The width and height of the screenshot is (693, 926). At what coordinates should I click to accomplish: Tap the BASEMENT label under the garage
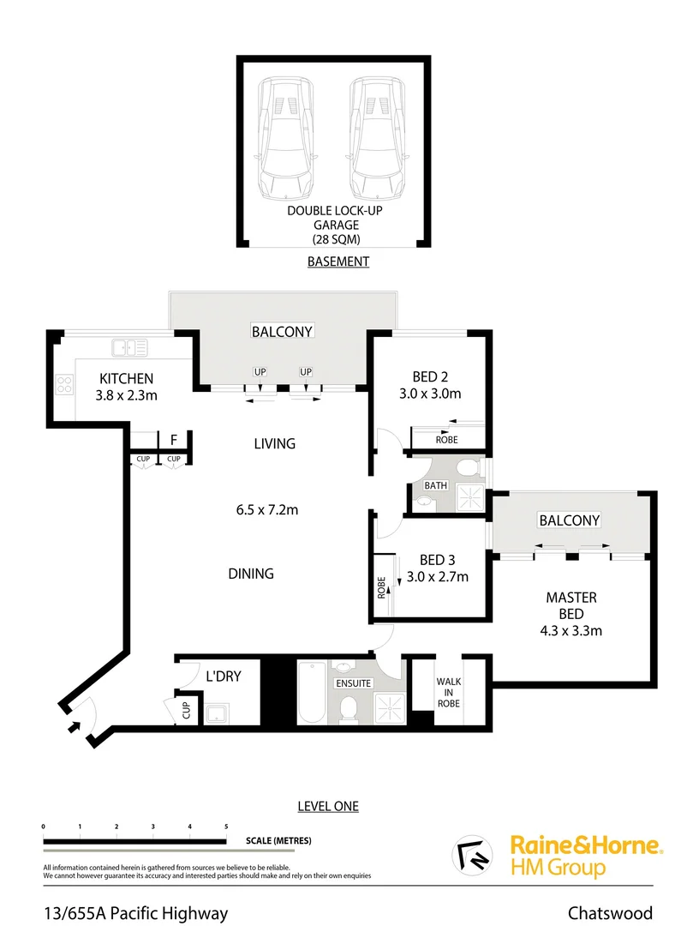338,262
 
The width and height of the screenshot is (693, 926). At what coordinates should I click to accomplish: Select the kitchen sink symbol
129,347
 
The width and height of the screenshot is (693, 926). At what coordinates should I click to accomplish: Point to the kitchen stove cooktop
65,385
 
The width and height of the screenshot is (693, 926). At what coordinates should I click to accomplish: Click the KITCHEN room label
126,378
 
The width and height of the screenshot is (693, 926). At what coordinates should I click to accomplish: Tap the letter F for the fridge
174,440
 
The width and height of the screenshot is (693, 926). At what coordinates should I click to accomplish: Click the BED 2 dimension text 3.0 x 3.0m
430,394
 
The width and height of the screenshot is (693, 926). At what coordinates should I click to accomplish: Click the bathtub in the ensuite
311,692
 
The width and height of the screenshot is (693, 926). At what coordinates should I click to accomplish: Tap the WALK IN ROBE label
448,692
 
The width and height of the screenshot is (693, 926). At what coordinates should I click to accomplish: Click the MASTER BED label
571,605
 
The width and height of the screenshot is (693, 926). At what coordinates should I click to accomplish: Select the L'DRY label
223,676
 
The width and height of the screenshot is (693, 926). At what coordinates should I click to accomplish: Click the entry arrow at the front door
75,725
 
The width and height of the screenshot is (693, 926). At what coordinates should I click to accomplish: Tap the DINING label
251,574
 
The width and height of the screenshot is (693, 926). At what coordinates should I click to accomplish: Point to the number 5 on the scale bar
226,826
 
